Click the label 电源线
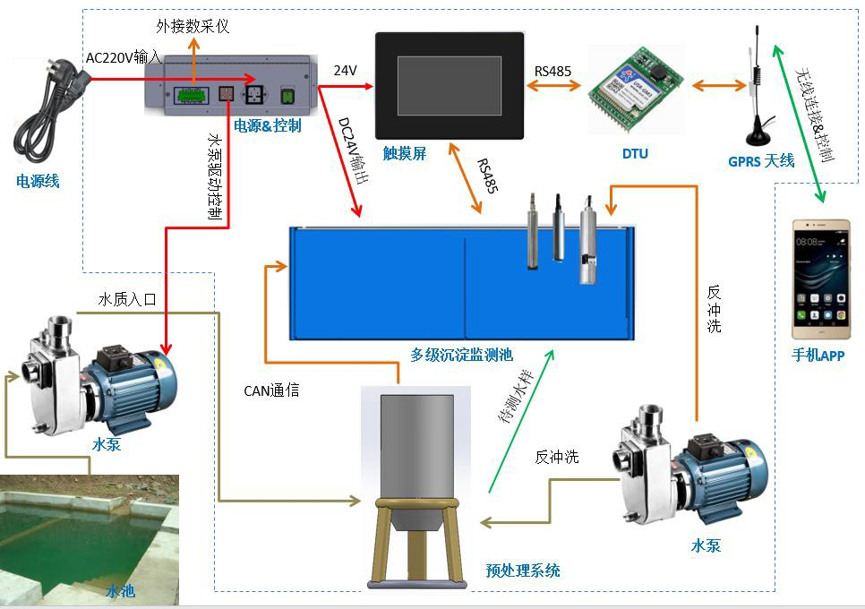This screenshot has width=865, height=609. pos(38,181)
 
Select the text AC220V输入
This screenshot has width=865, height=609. pos(124,57)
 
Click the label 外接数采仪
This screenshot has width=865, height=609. pos(193,26)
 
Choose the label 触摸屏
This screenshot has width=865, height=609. pos(405,153)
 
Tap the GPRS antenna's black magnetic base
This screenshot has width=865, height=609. pos(760,135)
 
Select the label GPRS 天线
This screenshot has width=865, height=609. pos(761,160)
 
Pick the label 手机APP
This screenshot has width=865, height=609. pos(818,355)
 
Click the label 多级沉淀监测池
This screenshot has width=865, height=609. pos(462,355)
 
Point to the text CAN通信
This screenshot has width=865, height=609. pos(271,390)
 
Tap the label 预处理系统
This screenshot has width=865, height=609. pos(523,570)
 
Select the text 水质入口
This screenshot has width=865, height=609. pos(127,299)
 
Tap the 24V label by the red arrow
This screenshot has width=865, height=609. pos(346,70)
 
